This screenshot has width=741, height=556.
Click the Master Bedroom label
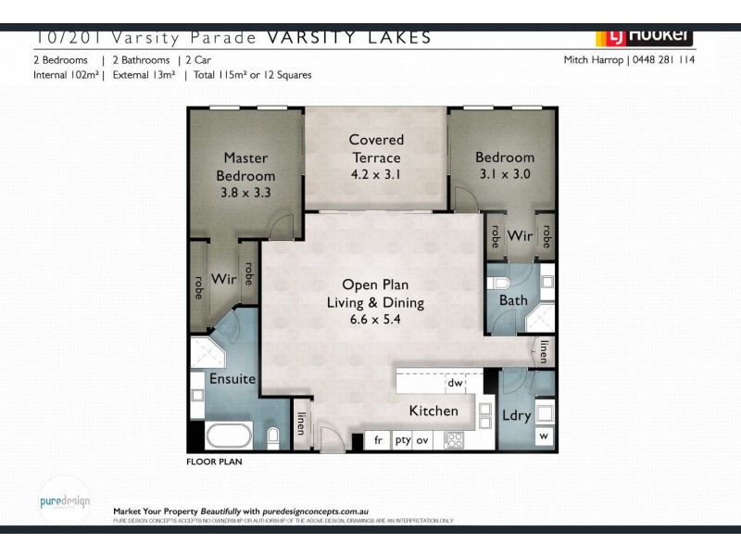click(x=245, y=167)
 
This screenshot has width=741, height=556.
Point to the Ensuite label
click(x=232, y=379)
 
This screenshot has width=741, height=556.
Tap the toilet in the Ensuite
click(x=273, y=436)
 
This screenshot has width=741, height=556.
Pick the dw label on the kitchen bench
click(x=455, y=382)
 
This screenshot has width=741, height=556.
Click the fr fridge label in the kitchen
click(x=378, y=441)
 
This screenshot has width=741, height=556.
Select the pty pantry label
click(x=402, y=441)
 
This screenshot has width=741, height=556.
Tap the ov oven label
click(x=423, y=441)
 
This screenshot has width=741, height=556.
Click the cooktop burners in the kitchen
click(x=454, y=440)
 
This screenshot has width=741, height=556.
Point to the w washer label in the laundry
click(x=543, y=436)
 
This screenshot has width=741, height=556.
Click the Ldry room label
click(x=517, y=416)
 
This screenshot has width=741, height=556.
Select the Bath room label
click(x=513, y=300)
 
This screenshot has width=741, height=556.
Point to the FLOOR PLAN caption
click(x=214, y=461)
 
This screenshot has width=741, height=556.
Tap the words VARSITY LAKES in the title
click(x=349, y=38)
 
